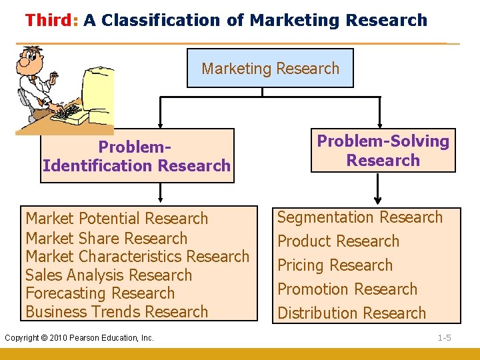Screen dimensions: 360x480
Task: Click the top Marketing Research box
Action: pyautogui.click(x=270, y=68)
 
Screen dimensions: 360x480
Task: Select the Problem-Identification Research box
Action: pyautogui.click(x=137, y=156)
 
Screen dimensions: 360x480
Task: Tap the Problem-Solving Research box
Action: pyautogui.click(x=383, y=151)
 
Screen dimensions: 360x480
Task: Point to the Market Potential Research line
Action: pyautogui.click(x=117, y=219)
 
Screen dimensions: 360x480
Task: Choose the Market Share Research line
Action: pyautogui.click(x=106, y=238)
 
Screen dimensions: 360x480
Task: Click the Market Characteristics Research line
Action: pyautogui.click(x=137, y=256)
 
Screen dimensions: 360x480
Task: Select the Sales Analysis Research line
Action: pyautogui.click(x=108, y=275)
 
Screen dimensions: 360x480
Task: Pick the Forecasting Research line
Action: pyautogui.click(x=99, y=293)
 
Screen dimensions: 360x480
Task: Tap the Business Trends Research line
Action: pyautogui.click(x=117, y=311)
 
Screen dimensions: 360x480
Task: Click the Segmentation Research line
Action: pyautogui.click(x=359, y=217)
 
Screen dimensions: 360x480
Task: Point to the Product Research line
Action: pyautogui.click(x=338, y=241)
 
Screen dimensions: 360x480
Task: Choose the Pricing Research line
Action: pyautogui.click(x=335, y=265)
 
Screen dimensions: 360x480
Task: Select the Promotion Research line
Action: pyautogui.click(x=347, y=289)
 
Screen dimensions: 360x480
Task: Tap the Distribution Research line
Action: pyautogui.click(x=351, y=313)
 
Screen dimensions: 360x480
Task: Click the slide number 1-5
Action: pyautogui.click(x=444, y=338)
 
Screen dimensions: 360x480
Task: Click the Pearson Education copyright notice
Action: pyautogui.click(x=79, y=338)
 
